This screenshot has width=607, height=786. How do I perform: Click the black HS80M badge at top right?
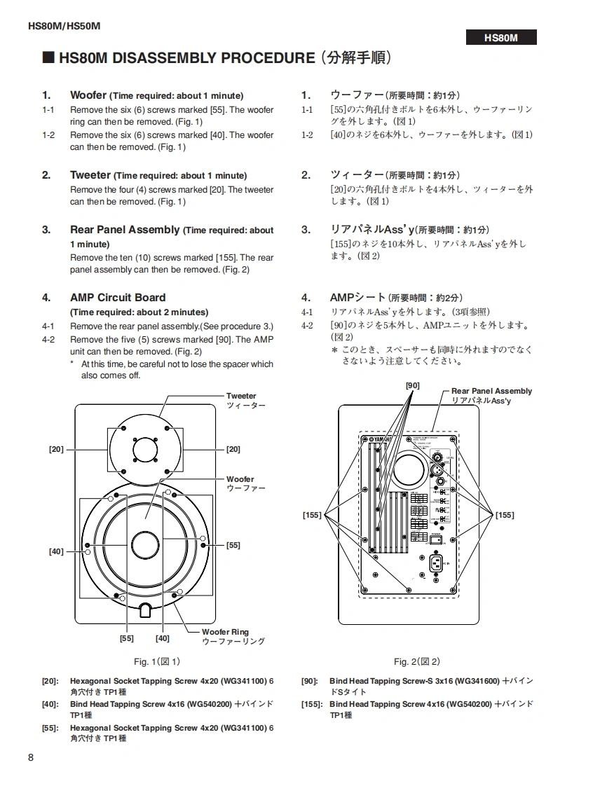[500, 38]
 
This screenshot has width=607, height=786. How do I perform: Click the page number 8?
[31, 757]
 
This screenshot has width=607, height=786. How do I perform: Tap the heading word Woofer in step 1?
[88, 95]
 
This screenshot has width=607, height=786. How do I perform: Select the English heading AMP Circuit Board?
[118, 298]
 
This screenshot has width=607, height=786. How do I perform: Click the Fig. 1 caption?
[157, 661]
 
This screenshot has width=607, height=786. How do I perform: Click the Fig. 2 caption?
[417, 661]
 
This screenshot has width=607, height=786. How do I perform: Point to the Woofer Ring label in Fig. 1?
[225, 632]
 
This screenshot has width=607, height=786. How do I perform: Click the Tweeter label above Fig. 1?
[241, 396]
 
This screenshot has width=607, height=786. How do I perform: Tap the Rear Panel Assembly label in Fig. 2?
[491, 391]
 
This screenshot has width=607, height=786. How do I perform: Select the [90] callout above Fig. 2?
[412, 386]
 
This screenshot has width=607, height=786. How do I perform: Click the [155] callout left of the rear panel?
[312, 516]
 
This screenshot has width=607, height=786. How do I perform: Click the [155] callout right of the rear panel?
[505, 516]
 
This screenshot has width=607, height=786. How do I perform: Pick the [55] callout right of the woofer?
[233, 545]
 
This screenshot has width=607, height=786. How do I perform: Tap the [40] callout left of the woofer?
[56, 551]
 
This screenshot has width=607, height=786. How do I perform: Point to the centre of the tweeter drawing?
[144, 449]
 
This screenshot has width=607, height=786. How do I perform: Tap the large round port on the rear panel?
[409, 467]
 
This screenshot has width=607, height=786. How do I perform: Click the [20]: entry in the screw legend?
[50, 681]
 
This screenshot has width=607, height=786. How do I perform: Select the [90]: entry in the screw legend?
[310, 681]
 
